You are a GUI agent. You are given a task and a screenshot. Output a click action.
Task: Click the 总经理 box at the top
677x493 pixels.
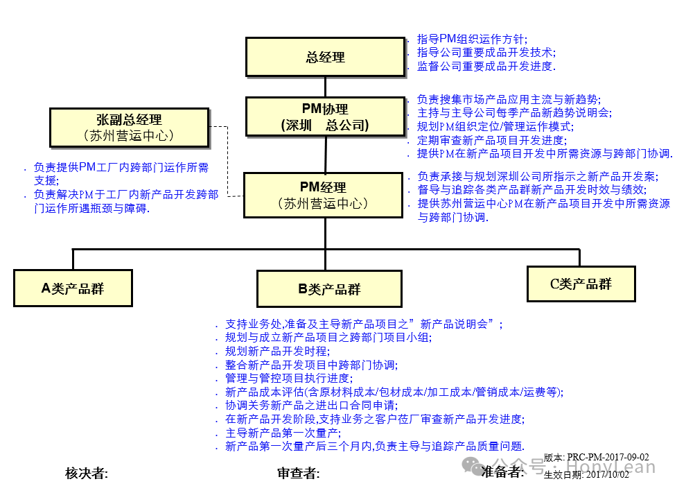click(325, 57)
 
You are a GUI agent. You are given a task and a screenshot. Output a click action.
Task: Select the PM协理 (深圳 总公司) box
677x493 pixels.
click(325, 116)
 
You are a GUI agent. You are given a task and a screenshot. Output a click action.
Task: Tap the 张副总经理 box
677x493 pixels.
click(130, 128)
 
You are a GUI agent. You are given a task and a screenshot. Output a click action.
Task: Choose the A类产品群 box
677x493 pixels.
click(73, 288)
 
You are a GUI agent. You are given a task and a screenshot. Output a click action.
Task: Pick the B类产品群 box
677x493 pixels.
click(329, 289)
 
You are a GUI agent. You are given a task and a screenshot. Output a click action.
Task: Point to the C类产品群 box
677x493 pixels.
click(581, 283)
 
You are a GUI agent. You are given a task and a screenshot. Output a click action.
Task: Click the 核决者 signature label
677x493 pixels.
click(86, 473)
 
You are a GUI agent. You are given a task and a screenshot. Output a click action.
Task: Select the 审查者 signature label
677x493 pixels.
click(298, 473)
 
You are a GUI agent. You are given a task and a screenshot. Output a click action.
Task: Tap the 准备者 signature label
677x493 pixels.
click(502, 472)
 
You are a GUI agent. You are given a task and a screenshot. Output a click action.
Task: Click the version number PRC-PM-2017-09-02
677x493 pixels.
click(608, 457)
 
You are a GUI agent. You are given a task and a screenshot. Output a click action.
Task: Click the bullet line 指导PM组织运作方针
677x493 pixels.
click(472, 39)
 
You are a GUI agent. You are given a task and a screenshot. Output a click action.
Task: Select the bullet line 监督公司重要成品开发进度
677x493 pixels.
click(486, 67)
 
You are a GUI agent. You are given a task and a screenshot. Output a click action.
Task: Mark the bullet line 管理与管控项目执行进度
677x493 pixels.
click(288, 378)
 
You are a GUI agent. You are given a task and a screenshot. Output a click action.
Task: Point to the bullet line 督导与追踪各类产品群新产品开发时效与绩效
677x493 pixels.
click(531, 189)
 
